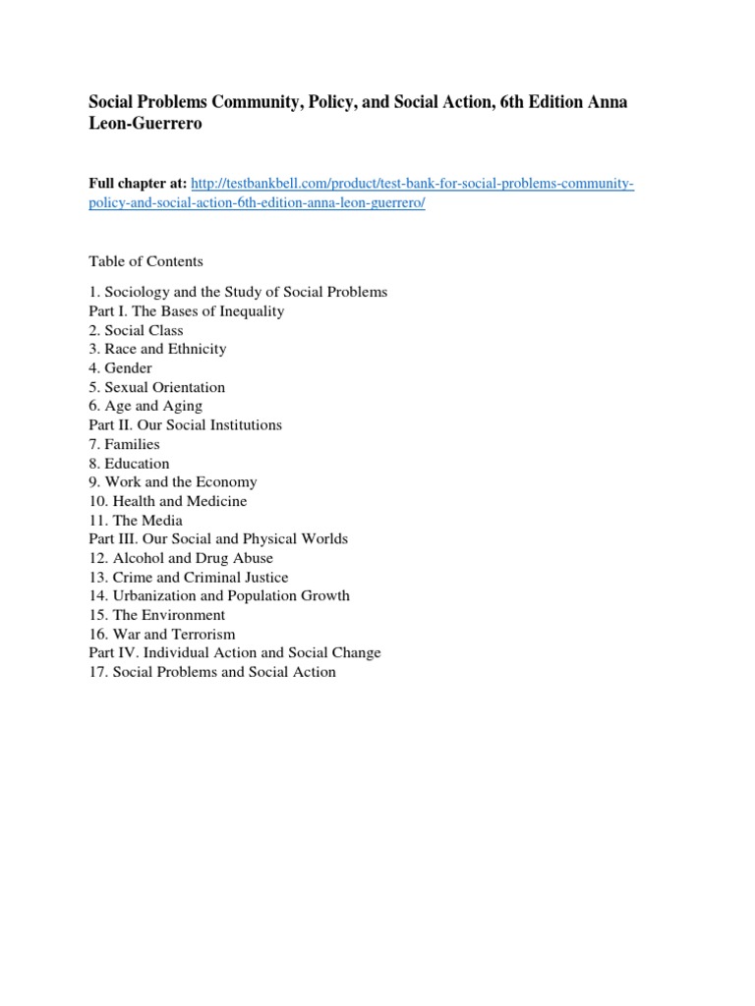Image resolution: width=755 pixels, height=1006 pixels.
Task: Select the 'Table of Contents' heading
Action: pos(145,261)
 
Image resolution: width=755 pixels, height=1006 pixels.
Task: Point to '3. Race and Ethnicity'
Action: pos(157,349)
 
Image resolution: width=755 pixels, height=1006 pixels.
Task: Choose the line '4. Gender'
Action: pos(120,368)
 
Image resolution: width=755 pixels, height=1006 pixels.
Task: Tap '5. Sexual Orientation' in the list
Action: pos(156,387)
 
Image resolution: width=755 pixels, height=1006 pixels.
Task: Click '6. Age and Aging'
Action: pos(145,406)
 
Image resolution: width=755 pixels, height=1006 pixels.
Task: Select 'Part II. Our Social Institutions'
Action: pos(185,425)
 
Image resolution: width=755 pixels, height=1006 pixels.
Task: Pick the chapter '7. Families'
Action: pos(124,444)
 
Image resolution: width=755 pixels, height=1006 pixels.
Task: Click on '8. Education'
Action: pos(129,464)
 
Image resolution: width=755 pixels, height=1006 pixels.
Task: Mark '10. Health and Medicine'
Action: pos(167,501)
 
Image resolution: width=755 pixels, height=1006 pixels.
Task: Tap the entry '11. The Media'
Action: pos(136,521)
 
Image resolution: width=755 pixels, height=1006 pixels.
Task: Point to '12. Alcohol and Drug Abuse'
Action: pos(181,558)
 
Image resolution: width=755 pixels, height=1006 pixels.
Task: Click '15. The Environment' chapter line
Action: pos(156,615)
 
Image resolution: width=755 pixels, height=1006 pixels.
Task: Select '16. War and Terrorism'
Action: pos(161,635)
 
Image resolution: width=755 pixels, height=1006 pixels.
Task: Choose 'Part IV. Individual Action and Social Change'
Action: pos(234,653)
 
